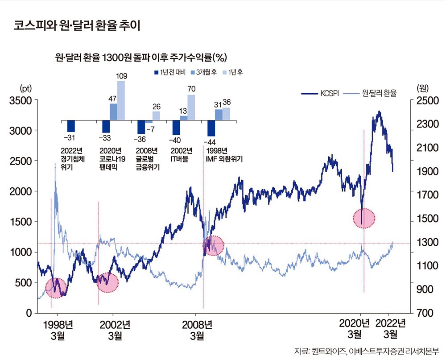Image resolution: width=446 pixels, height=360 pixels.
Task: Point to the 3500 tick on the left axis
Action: tap(21, 100)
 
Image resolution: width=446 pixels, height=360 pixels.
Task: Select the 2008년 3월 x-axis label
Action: tap(198, 329)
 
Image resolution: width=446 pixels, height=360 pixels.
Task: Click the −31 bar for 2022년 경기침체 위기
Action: tap(71, 126)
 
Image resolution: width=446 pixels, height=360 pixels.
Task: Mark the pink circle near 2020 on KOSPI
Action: tap(363, 218)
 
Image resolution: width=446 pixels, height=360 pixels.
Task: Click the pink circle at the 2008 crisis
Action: tap(213, 245)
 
